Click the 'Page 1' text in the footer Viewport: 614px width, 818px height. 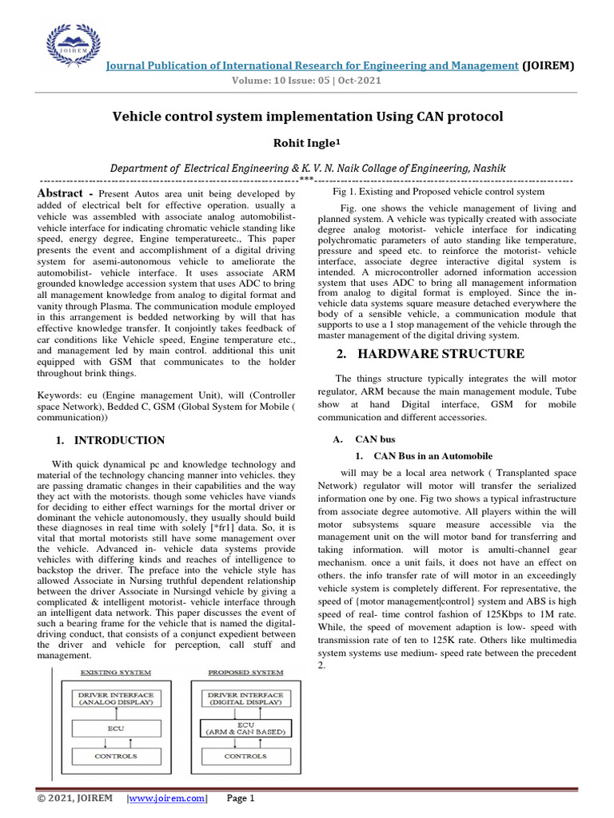[241, 798]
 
